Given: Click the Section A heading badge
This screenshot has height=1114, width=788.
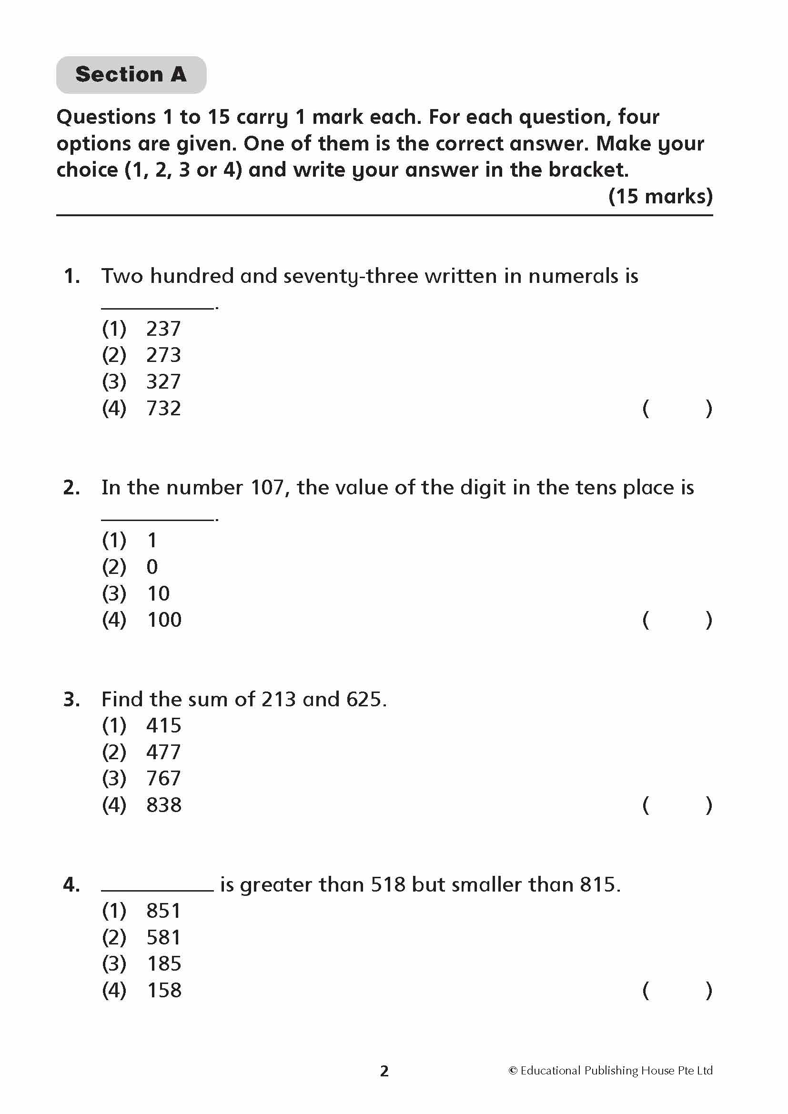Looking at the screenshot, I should click(131, 75).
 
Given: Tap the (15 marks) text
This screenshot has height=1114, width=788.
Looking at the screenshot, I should click(660, 196).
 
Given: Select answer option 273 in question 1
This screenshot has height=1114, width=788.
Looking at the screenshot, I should click(163, 355).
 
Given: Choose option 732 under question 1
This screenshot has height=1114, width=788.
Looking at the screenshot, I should click(163, 409).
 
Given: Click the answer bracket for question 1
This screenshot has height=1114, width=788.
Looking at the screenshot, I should click(677, 409).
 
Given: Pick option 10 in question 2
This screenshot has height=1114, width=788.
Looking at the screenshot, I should click(158, 593).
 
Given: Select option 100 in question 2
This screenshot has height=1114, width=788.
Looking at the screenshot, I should click(164, 620).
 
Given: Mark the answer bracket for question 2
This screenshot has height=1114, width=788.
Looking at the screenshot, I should click(677, 620).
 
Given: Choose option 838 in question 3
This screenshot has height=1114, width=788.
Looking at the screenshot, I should click(164, 805).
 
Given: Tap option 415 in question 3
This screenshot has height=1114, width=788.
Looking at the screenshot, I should click(163, 726).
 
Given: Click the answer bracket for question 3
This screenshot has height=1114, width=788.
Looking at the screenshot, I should click(677, 805).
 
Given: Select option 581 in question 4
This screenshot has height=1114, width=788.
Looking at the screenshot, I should click(163, 937).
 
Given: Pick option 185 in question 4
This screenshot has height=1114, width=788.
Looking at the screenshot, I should click(164, 964).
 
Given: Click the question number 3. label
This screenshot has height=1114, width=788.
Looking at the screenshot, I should click(72, 700).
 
